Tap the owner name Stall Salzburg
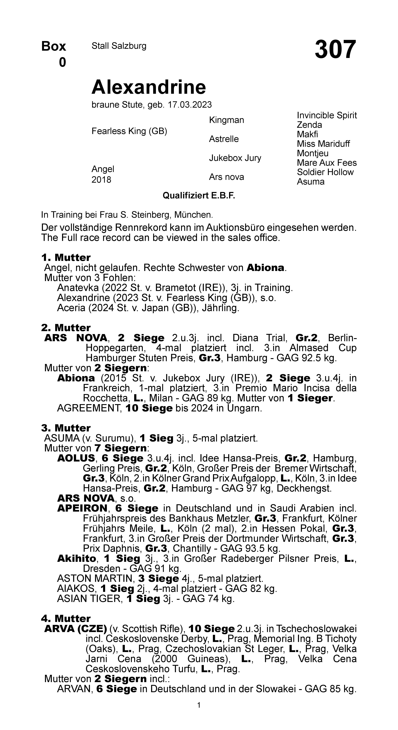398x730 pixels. pos(119,46)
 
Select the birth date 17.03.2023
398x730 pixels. pos(190,105)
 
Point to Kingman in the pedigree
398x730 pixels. pos(226,120)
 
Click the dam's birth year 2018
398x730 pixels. pos(101,180)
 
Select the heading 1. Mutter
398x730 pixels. pos(66,258)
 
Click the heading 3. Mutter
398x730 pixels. pos(66,428)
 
